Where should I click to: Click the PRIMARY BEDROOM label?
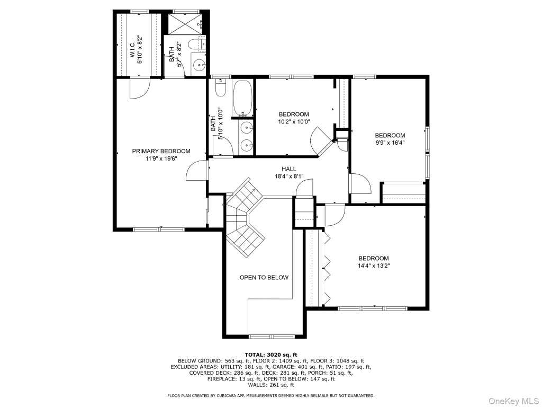tap(161, 151)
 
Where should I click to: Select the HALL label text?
tap(288, 169)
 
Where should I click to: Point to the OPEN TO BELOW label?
tap(264, 278)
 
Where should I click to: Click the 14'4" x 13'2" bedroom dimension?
tap(374, 266)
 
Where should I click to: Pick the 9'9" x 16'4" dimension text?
tap(390, 143)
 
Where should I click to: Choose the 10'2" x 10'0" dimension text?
tap(294, 121)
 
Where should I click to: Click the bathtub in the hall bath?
tap(242, 98)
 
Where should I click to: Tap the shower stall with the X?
tap(184, 24)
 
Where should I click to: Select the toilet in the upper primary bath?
tap(197, 45)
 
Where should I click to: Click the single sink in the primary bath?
tap(199, 64)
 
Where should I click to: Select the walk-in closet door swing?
tap(140, 89)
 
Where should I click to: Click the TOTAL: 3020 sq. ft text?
tap(271, 355)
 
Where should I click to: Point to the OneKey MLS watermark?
tap(513, 401)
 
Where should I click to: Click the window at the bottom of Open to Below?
tap(272, 337)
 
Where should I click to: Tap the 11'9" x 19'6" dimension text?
tap(161, 159)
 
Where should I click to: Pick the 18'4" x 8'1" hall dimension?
tap(289, 176)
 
